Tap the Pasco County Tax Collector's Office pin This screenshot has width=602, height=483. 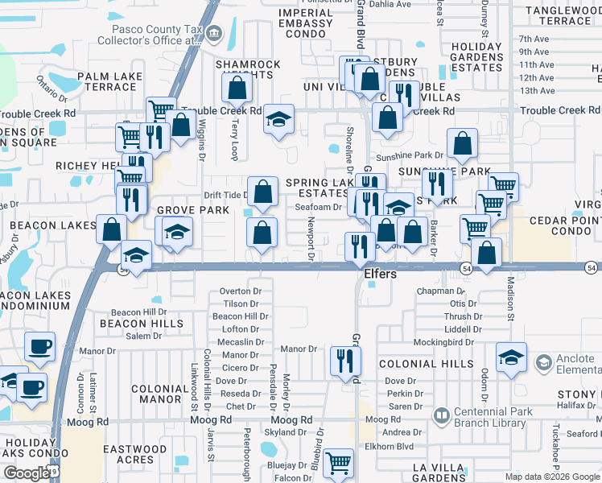tap(214, 34)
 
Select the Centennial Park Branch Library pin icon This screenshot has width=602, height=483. tap(441, 416)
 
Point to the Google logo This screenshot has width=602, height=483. tap(27, 473)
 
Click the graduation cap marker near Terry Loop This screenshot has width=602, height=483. tap(278, 120)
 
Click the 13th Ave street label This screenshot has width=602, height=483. tap(537, 91)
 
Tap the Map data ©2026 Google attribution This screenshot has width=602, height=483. tap(552, 477)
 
